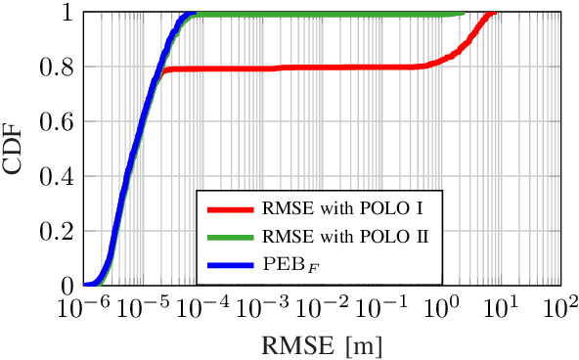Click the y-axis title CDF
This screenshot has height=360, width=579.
click(14, 150)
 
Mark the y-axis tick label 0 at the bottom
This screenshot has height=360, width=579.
click(67, 287)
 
